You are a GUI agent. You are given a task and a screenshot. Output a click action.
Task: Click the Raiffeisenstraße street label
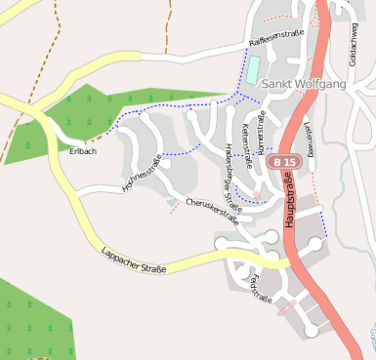tap(277, 38)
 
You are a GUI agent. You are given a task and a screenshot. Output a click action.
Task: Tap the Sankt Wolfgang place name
tap(305, 84)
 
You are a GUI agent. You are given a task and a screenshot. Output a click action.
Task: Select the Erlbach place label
tap(83, 151)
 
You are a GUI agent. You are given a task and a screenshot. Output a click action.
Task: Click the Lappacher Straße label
tap(134, 260)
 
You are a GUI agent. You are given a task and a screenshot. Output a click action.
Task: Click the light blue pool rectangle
tap(253, 68)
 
